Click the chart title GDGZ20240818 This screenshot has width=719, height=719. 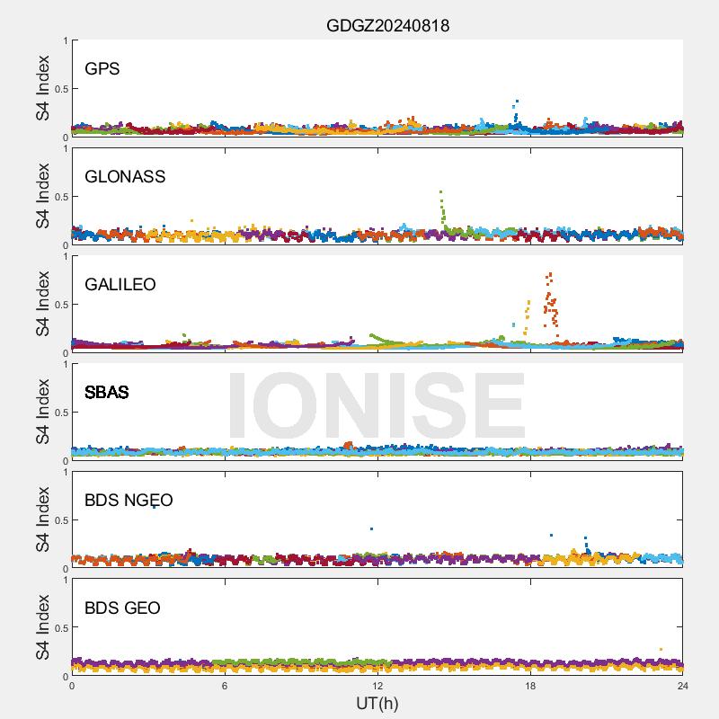pyautogui.click(x=387, y=26)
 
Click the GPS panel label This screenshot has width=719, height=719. pyautogui.click(x=102, y=68)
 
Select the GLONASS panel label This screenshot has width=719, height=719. pyautogui.click(x=125, y=176)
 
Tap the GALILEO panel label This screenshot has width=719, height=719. pyautogui.click(x=120, y=284)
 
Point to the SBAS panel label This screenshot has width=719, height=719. pyautogui.click(x=107, y=392)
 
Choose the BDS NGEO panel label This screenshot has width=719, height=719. pyautogui.click(x=129, y=500)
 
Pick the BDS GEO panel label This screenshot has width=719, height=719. pyautogui.click(x=122, y=608)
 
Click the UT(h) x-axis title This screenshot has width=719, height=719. pyautogui.click(x=377, y=703)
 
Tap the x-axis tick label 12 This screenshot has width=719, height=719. pyautogui.click(x=377, y=686)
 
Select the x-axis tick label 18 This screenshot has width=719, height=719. pyautogui.click(x=530, y=686)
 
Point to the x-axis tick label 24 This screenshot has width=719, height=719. pyautogui.click(x=682, y=686)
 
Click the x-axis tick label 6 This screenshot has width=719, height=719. pyautogui.click(x=225, y=686)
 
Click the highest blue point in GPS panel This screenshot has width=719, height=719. pyautogui.click(x=517, y=102)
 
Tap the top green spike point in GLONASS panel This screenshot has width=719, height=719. pyautogui.click(x=440, y=191)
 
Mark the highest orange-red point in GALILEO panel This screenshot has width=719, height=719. pyautogui.click(x=550, y=274)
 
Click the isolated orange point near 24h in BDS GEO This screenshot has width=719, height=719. pyautogui.click(x=661, y=649)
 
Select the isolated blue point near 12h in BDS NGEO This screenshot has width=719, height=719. pyautogui.click(x=371, y=528)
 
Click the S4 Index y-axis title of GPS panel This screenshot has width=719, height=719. pyautogui.click(x=44, y=88)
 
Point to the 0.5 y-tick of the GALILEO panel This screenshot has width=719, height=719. pyautogui.click(x=60, y=305)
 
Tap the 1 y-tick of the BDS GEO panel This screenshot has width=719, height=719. pyautogui.click(x=65, y=580)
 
